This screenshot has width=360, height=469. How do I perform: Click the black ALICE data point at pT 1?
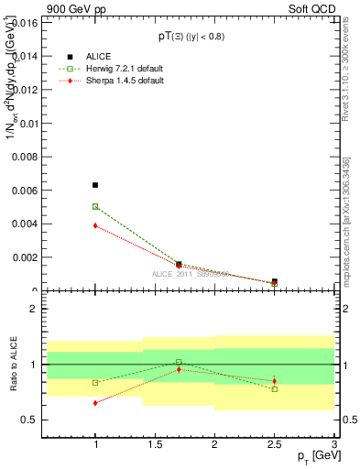point(95,185)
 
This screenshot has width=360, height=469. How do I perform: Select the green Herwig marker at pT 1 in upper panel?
point(95,207)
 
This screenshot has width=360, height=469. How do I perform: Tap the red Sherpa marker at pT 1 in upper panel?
point(95,225)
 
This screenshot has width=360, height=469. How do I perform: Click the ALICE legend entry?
point(92,57)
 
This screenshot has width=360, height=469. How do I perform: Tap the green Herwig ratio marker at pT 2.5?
point(275,389)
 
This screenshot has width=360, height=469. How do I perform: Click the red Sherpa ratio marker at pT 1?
point(95,402)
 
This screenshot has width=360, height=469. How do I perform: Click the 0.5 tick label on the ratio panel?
point(28,420)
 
